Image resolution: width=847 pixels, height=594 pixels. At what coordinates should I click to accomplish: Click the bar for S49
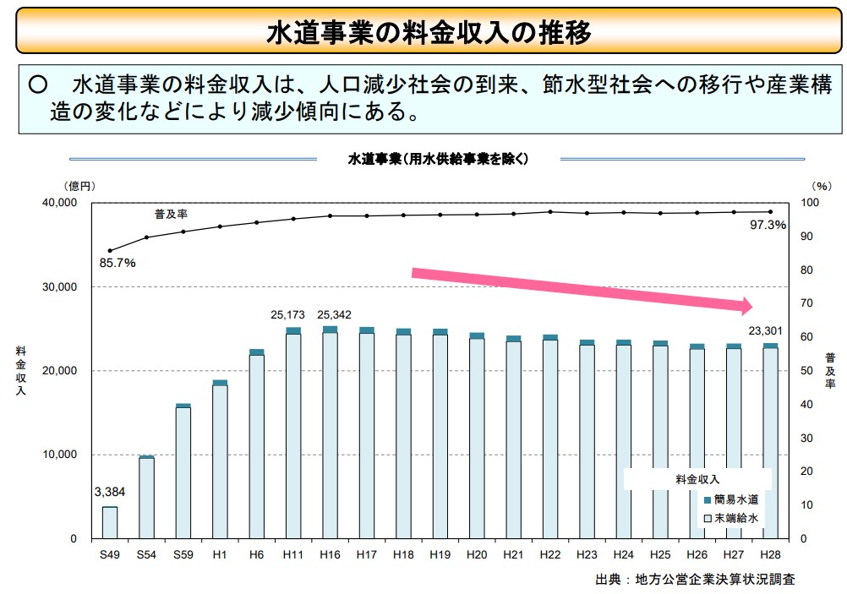110,522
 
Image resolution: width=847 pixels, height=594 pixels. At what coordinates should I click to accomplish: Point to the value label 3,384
110,492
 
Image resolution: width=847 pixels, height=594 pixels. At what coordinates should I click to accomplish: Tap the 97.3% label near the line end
768,226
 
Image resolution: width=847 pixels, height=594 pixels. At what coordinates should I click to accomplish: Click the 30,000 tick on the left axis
60,287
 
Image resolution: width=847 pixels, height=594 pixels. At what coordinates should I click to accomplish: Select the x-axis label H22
550,554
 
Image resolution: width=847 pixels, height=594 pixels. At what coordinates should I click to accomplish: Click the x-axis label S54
146,554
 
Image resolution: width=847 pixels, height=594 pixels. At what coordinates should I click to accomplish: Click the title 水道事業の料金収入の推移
429,32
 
